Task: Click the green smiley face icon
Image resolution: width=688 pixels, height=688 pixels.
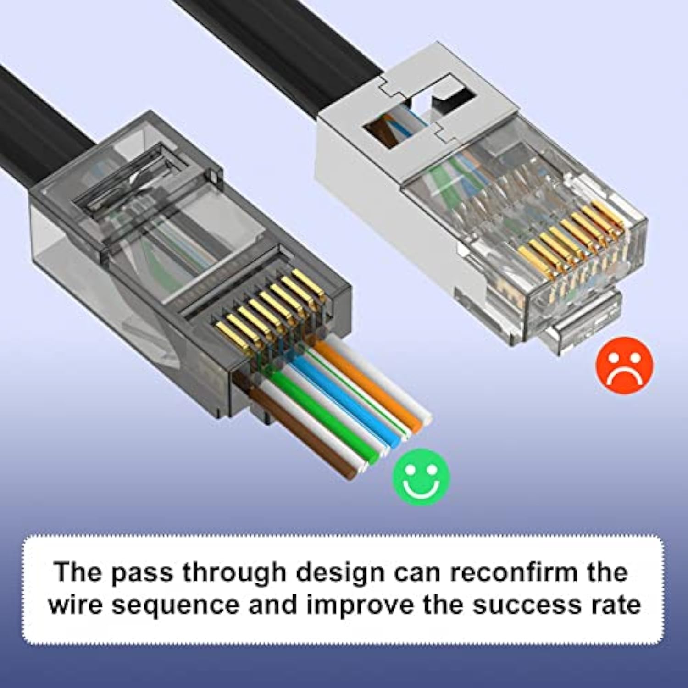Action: coord(421,477)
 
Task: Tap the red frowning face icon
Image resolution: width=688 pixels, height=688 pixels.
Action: coord(624,366)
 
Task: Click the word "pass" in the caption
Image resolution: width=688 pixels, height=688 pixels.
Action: coord(142,573)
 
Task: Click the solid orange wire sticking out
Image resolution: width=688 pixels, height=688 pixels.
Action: coord(367,385)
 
